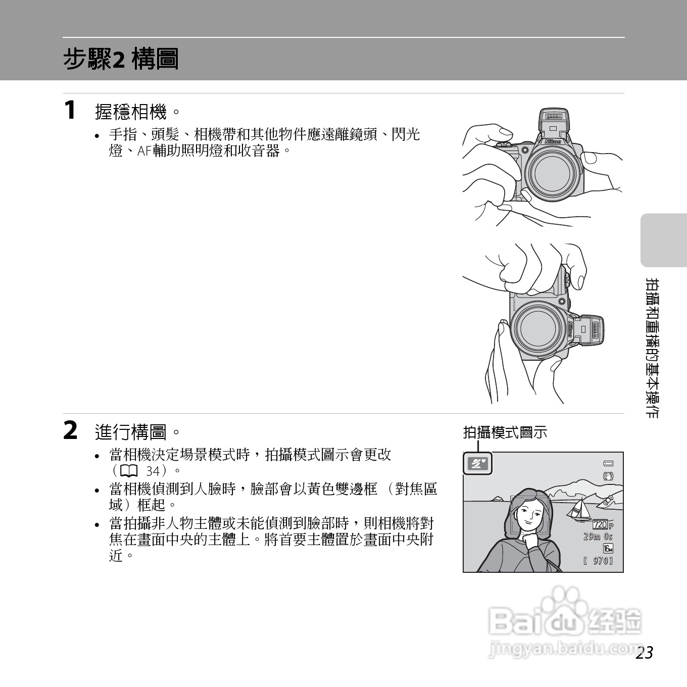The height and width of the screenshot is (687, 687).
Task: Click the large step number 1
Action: pyautogui.click(x=71, y=110)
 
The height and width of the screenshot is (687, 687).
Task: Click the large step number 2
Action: pyautogui.click(x=71, y=431)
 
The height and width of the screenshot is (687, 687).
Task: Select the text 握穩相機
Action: pyautogui.click(x=131, y=112)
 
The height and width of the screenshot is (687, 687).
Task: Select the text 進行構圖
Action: pyautogui.click(x=131, y=432)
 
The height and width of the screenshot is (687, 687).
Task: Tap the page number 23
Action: pyautogui.click(x=645, y=653)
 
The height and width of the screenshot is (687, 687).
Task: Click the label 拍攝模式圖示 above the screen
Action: pyautogui.click(x=505, y=432)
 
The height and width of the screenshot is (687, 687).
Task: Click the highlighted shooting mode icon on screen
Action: pyautogui.click(x=477, y=464)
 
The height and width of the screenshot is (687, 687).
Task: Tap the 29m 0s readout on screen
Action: pyautogui.click(x=598, y=536)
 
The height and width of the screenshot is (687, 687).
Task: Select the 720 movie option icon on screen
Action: pyautogui.click(x=601, y=525)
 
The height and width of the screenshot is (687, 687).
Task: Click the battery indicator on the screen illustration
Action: pyautogui.click(x=608, y=463)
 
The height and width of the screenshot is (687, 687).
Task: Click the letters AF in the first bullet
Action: pyautogui.click(x=144, y=151)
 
